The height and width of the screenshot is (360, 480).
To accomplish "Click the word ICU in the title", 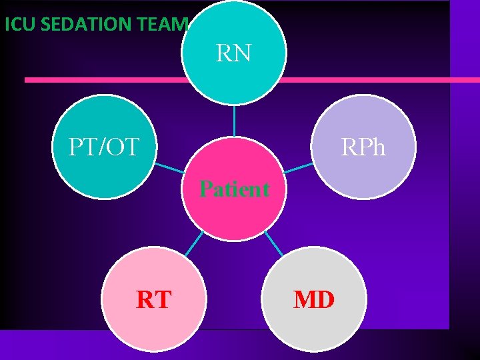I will click(x=19, y=25).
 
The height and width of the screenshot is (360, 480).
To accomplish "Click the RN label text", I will click(x=234, y=53).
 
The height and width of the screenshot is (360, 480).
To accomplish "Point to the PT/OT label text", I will click(x=103, y=146).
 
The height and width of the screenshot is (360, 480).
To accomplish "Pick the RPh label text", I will click(x=363, y=147).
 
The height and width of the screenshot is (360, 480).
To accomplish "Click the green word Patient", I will click(x=235, y=189).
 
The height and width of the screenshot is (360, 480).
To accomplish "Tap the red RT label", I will click(x=153, y=300).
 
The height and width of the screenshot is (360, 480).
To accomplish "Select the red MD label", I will click(x=314, y=299).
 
